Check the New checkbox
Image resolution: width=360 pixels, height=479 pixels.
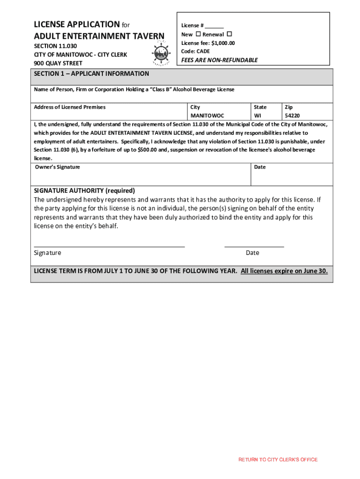(198, 35)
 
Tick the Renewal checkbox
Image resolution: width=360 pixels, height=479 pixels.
(230, 35)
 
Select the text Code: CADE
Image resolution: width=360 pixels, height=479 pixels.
(195, 51)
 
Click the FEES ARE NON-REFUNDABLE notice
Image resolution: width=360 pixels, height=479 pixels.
(219, 60)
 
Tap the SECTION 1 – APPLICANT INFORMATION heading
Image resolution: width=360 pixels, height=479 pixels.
(92, 74)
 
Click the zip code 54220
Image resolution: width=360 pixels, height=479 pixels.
(292, 116)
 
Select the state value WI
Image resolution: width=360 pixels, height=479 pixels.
(258, 116)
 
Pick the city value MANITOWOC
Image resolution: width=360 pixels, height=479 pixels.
(207, 116)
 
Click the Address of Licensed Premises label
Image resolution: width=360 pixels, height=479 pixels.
(70, 107)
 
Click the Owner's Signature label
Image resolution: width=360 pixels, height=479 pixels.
(57, 167)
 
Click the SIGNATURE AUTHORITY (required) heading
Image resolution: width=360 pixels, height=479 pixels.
(85, 190)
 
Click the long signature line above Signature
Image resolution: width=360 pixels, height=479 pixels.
(109, 246)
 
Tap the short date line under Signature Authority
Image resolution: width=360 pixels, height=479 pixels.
(254, 246)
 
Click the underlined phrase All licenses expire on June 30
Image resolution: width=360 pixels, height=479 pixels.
(284, 271)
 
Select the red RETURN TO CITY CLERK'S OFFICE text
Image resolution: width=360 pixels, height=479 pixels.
(278, 460)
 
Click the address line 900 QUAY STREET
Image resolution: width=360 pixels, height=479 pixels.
(58, 63)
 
